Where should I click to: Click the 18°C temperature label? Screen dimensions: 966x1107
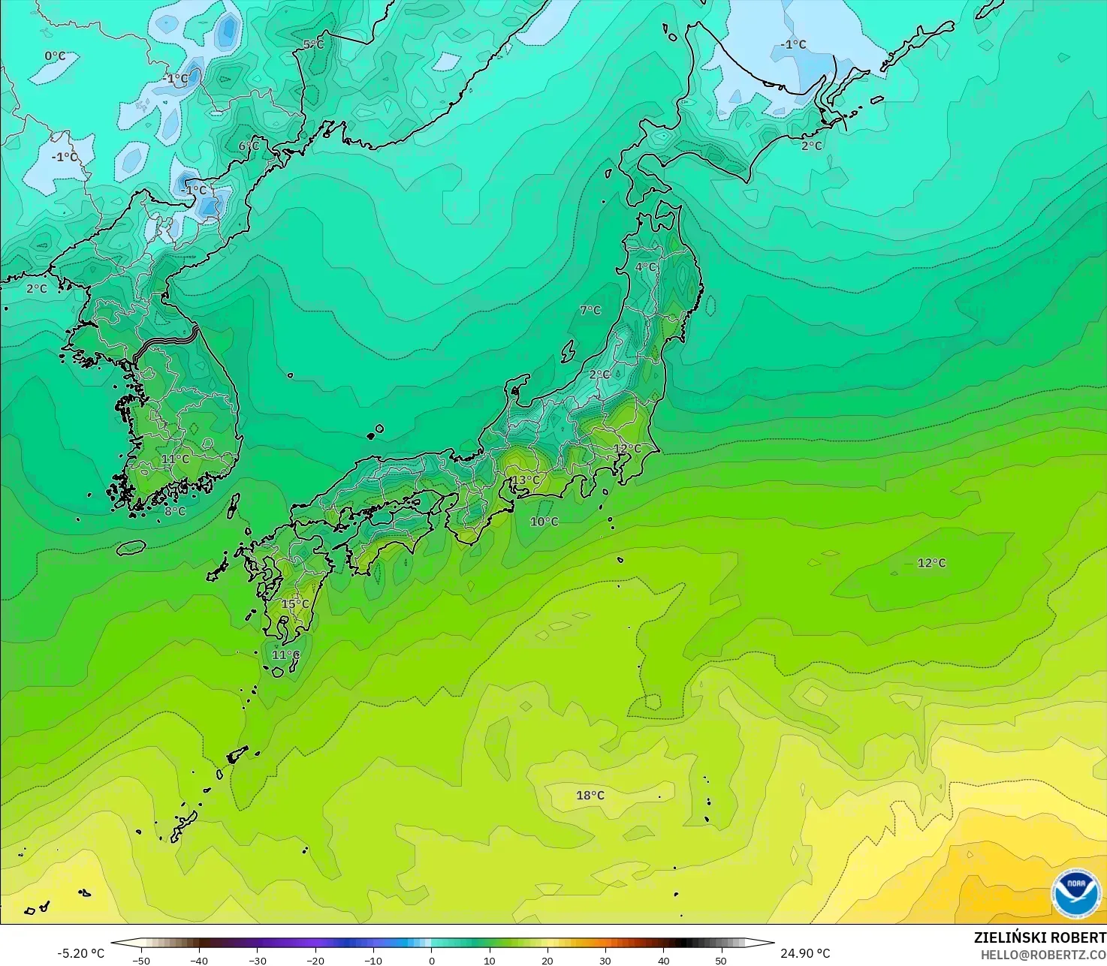click(590, 796)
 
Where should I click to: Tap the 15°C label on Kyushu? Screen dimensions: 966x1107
click(295, 604)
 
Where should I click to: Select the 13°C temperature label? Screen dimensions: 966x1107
click(526, 480)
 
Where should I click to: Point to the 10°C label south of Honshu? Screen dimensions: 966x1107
click(544, 522)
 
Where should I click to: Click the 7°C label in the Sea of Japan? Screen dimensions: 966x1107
click(590, 310)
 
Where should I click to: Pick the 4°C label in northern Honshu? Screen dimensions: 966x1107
click(646, 267)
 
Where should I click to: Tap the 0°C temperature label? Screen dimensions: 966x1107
click(55, 56)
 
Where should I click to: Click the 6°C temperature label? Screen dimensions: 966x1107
click(249, 146)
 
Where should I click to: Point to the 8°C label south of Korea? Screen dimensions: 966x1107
click(175, 512)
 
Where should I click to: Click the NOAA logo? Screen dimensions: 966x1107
click(1075, 893)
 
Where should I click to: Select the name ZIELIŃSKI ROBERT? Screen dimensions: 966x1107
click(1039, 937)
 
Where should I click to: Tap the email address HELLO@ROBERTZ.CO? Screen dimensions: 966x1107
click(1043, 954)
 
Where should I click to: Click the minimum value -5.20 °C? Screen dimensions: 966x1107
click(81, 953)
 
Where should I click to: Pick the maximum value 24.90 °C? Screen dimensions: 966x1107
click(805, 953)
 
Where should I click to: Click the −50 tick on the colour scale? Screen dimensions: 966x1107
click(140, 960)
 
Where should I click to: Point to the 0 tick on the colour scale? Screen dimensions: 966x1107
click(432, 960)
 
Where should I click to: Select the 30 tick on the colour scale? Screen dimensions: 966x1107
click(605, 960)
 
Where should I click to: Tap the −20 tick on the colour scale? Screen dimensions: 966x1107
click(315, 960)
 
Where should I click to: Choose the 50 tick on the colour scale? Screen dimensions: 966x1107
click(721, 960)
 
